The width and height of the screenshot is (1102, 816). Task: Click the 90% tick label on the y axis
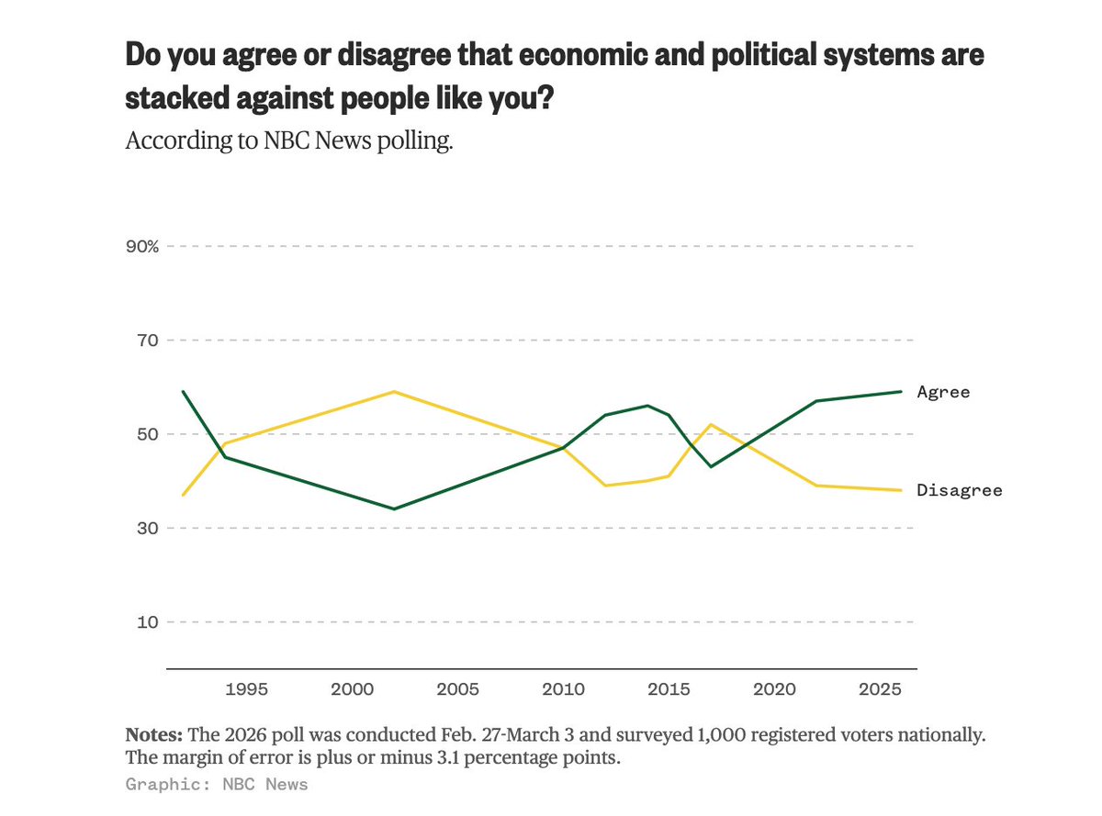pyautogui.click(x=143, y=247)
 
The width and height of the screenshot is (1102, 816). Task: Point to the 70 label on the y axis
pyautogui.click(x=148, y=341)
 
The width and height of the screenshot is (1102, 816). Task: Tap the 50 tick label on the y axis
pyautogui.click(x=148, y=434)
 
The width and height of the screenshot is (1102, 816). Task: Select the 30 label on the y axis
pyautogui.click(x=148, y=528)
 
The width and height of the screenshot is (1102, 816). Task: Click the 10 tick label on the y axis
pyautogui.click(x=148, y=622)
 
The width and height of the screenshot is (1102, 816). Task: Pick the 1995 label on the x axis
pyautogui.click(x=243, y=688)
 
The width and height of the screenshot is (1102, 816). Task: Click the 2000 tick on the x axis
pyautogui.click(x=351, y=688)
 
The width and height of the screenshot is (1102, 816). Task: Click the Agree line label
pyautogui.click(x=943, y=392)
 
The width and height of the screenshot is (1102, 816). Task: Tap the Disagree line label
pyautogui.click(x=959, y=490)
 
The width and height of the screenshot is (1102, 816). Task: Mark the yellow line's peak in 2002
pyautogui.click(x=394, y=392)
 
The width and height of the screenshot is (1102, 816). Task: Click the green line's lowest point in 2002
pyautogui.click(x=394, y=509)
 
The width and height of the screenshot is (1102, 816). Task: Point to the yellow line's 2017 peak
pyautogui.click(x=710, y=424)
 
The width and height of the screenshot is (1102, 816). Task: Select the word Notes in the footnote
pyautogui.click(x=154, y=736)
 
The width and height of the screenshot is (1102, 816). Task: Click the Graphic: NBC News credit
pyautogui.click(x=217, y=784)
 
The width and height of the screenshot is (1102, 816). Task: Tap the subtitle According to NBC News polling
pyautogui.click(x=289, y=142)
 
